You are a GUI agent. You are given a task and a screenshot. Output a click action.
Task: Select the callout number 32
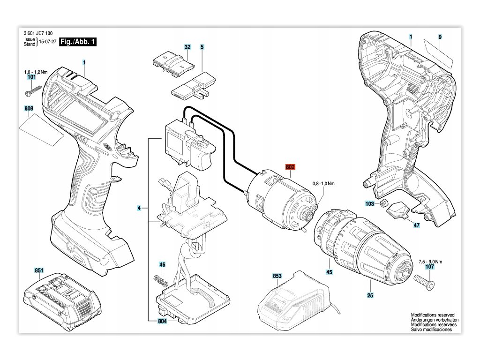pos(187,47)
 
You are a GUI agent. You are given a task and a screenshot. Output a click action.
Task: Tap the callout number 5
pos(202,47)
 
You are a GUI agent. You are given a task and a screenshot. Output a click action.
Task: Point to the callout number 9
pos(440,37)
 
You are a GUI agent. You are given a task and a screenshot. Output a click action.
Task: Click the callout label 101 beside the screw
pos(32,77)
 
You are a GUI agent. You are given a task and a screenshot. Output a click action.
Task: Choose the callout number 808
pos(29,109)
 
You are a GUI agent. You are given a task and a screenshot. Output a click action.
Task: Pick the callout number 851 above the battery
pos(39,270)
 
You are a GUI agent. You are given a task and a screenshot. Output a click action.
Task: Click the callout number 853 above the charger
pos(277,277)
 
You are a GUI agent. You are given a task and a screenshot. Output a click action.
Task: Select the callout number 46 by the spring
pos(162,265)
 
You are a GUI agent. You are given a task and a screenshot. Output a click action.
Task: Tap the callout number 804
pos(162,321)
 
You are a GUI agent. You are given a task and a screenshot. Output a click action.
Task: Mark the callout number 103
pos(370,204)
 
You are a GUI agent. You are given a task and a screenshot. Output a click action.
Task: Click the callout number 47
pos(403,225)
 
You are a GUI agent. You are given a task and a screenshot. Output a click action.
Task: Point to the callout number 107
pos(429,267)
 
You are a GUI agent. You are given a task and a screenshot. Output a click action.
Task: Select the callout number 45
pos(329,272)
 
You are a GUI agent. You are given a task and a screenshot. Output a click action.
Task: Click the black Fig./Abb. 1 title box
pos(75,42)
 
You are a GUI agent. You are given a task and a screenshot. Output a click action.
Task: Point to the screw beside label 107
pos(424,282)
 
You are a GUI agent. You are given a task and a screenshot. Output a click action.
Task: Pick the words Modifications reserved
pos(433,315)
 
